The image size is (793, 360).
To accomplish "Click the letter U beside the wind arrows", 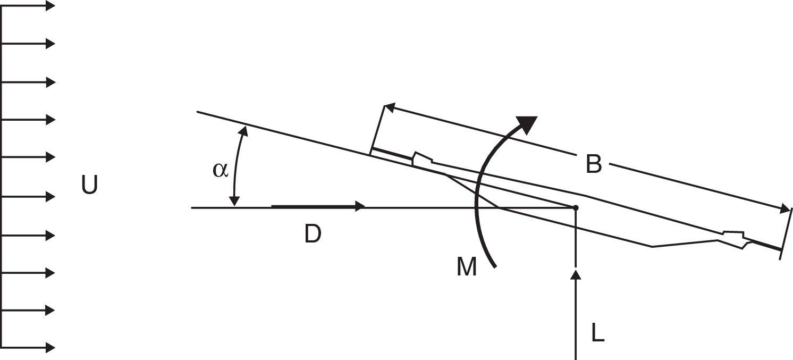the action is pyautogui.click(x=90, y=184).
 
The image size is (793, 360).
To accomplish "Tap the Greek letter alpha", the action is pyautogui.click(x=220, y=170).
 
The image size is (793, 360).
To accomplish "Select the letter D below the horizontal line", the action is pyautogui.click(x=313, y=234).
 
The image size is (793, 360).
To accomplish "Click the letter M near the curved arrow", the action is pyautogui.click(x=467, y=266).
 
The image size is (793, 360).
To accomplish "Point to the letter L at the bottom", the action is pyautogui.click(x=598, y=333).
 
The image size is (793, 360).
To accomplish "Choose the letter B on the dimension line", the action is pyautogui.click(x=594, y=164).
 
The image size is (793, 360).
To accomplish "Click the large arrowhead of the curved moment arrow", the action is pyautogui.click(x=527, y=124).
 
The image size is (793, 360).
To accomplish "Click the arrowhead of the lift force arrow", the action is pyautogui.click(x=576, y=274).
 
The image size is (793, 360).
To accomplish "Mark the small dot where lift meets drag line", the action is pyautogui.click(x=576, y=207).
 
